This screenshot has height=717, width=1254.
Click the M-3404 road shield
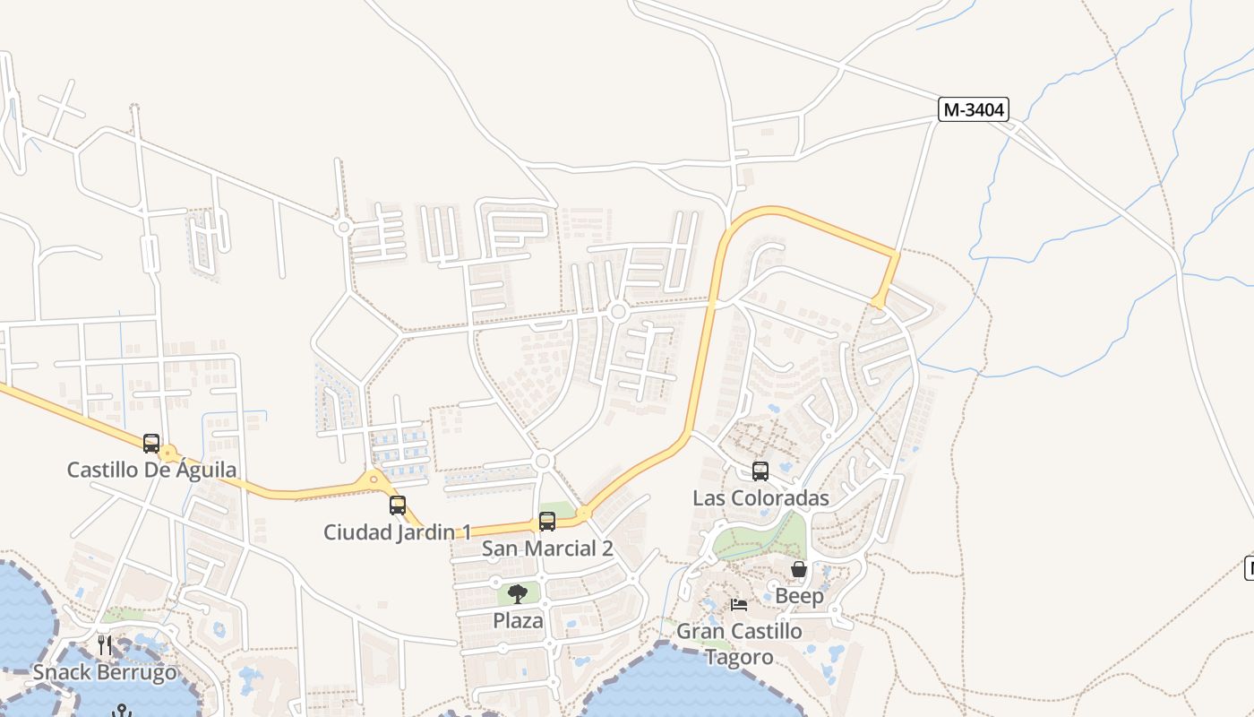pos(974,109)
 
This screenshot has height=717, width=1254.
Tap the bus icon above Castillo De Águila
pos(151,443)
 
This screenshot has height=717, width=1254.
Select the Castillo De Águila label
pos(152,470)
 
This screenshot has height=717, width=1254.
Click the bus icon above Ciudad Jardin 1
pos(398,505)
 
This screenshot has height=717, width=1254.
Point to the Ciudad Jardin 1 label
pos(397,531)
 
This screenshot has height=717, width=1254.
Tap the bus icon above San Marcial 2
pos(547,521)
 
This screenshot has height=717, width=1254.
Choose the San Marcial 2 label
pos(547,549)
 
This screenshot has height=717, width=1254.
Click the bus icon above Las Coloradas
pos(760,471)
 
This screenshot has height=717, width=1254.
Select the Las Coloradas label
pos(760,497)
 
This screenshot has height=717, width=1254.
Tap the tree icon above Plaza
pos(518,593)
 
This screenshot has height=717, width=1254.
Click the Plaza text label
pos(518,620)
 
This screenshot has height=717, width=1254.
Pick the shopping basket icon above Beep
pos(799,569)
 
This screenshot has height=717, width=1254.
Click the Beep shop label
pos(799,596)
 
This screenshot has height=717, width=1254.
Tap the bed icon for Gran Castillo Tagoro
pos(739,605)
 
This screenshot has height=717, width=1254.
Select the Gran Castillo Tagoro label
pos(739,644)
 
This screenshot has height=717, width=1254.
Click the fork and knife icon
pos(105,644)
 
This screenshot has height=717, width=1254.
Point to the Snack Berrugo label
pos(105,672)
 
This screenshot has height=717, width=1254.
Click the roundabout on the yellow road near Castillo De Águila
pos(167,453)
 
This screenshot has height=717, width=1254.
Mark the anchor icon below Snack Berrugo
pos(121,710)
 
